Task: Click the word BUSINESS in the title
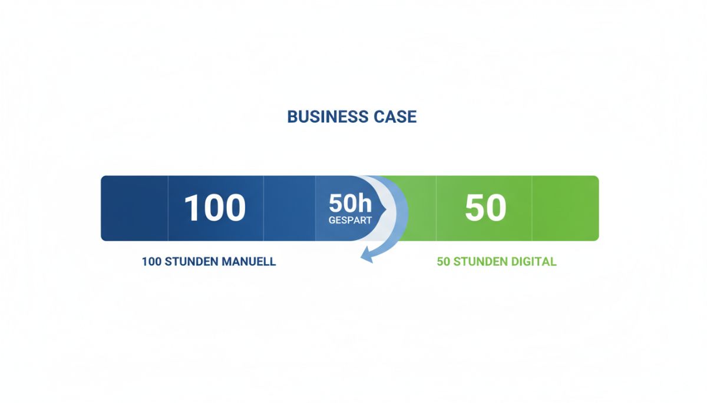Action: pyautogui.click(x=328, y=116)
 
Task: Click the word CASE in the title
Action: pyautogui.click(x=395, y=116)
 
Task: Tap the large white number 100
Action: pyautogui.click(x=215, y=208)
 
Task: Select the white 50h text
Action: pyautogui.click(x=351, y=203)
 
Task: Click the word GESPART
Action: pyautogui.click(x=350, y=220)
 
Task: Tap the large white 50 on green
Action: pyautogui.click(x=485, y=208)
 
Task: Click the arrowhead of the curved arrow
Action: pyautogui.click(x=366, y=255)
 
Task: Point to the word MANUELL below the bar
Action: pyautogui.click(x=249, y=262)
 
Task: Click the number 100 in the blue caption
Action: pyautogui.click(x=151, y=262)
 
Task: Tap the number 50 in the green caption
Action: pyautogui.click(x=444, y=262)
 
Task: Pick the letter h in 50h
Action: pyautogui.click(x=366, y=203)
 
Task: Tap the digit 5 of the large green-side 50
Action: pyautogui.click(x=475, y=208)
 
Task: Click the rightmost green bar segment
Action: pyautogui.click(x=565, y=208)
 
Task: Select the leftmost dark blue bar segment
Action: pyautogui.click(x=134, y=208)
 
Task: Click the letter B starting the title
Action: pyautogui.click(x=293, y=116)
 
